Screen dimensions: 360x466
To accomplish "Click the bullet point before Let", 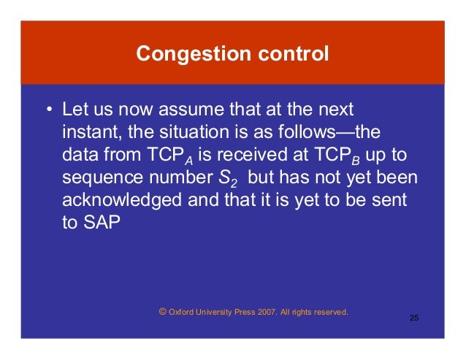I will coord(48,111).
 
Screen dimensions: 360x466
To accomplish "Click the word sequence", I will coord(98,178).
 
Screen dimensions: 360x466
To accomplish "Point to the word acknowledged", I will coord(121,201).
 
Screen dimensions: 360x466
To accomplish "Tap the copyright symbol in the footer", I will coord(162,312).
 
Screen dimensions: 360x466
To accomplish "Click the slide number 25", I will coord(414,318).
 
